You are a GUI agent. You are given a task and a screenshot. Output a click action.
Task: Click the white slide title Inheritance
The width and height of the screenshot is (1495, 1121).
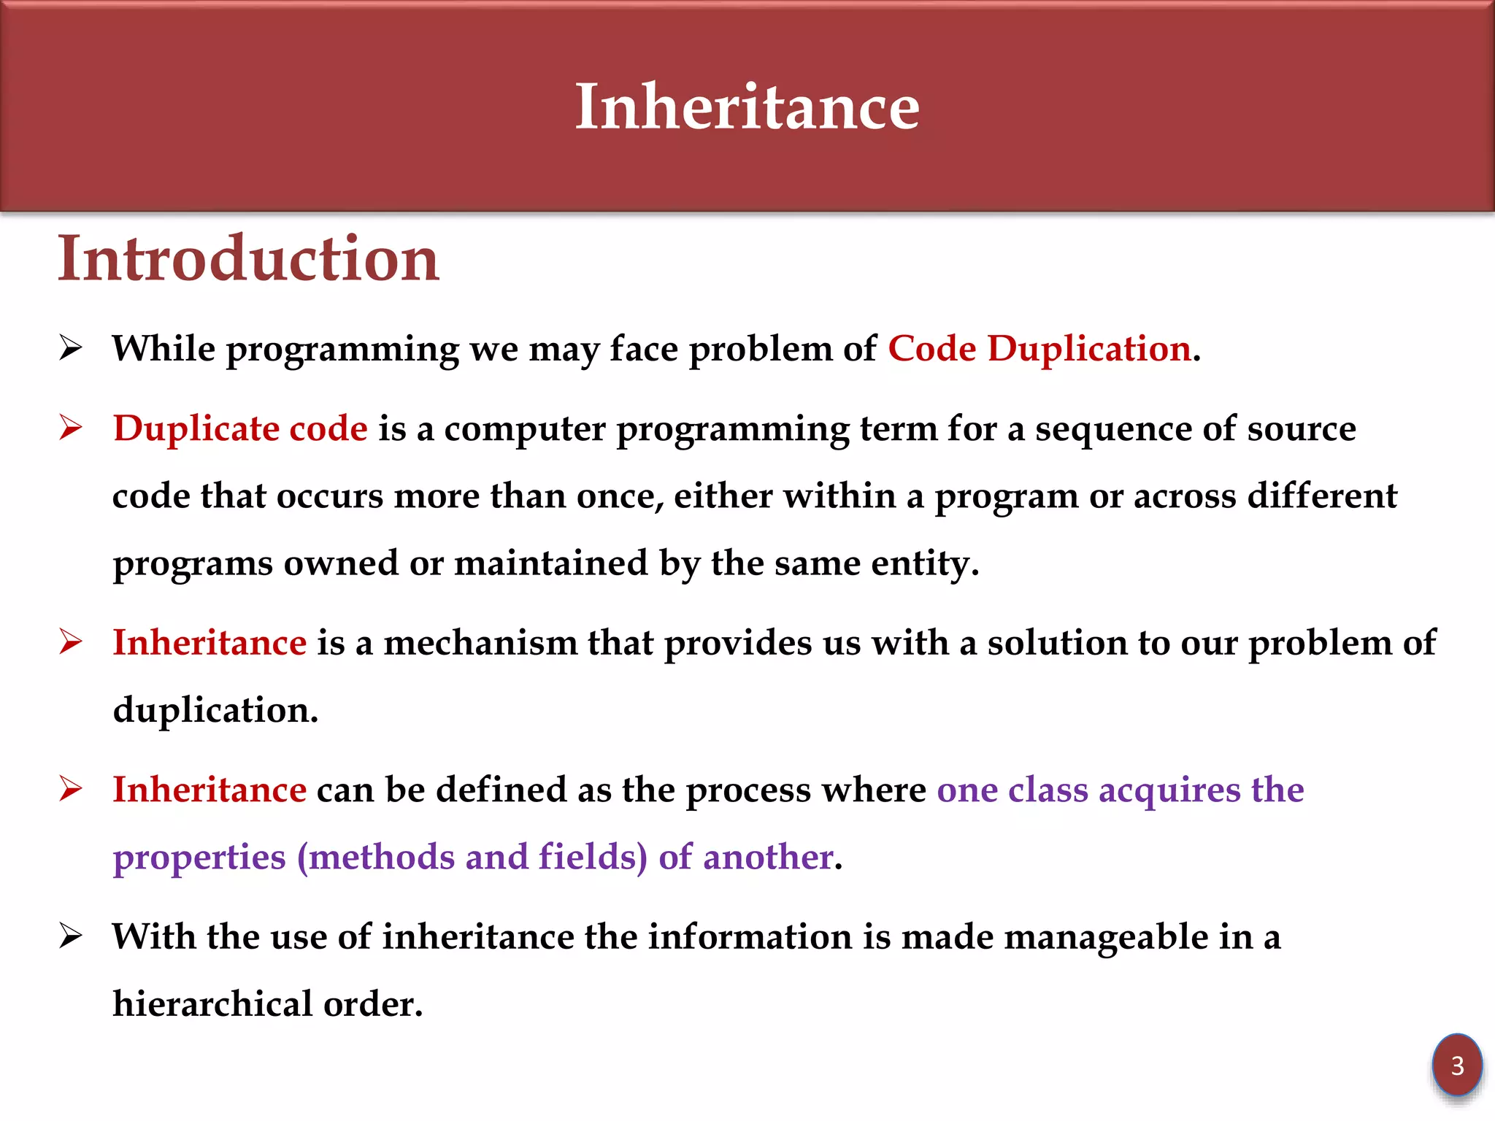coord(747,107)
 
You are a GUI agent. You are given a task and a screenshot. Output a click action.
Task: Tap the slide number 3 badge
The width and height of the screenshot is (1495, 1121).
coord(1456,1066)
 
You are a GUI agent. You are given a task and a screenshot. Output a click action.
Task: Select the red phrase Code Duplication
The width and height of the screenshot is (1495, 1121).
coord(1039,349)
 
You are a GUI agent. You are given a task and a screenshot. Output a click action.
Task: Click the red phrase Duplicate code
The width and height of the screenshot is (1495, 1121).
coord(240,428)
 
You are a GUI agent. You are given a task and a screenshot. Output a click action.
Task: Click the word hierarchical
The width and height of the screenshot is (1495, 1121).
coord(212,1004)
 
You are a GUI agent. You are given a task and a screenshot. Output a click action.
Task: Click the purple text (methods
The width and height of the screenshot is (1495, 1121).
coord(377,858)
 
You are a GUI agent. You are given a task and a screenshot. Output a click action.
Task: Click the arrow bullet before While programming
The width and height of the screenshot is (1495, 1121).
coord(71,348)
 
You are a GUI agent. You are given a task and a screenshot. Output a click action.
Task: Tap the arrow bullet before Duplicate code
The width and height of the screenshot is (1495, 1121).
coord(71,428)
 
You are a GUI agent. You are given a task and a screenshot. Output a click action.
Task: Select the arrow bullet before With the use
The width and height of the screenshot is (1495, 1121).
coord(71,936)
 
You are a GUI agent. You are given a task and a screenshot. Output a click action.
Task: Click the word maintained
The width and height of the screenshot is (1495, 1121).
coord(550,563)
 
